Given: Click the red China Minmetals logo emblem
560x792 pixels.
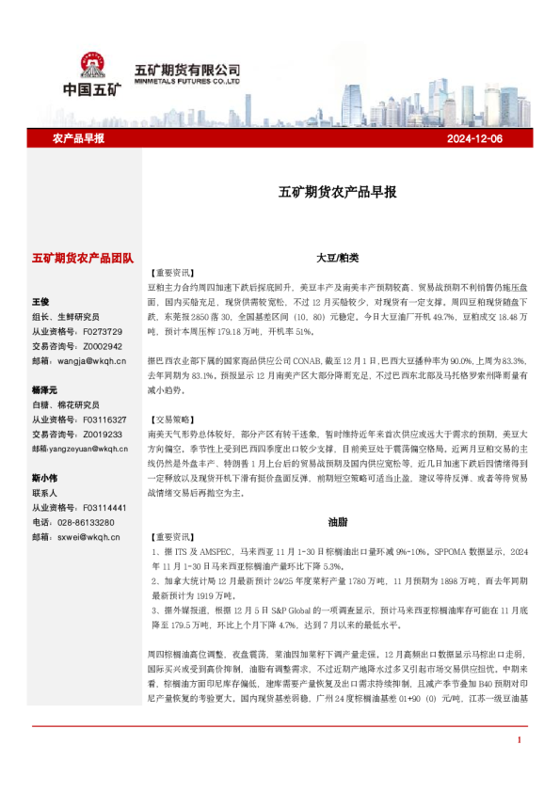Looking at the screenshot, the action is click(92, 66).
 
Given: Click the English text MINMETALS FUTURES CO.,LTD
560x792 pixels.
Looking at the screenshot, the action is click(187, 82).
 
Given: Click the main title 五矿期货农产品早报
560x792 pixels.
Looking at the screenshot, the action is click(337, 192).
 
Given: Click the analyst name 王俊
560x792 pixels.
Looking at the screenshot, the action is click(40, 302).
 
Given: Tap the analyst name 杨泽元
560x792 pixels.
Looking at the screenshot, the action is click(44, 389).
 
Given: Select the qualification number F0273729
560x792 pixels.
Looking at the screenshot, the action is click(103, 331).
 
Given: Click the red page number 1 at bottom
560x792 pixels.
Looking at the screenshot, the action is click(519, 767).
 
